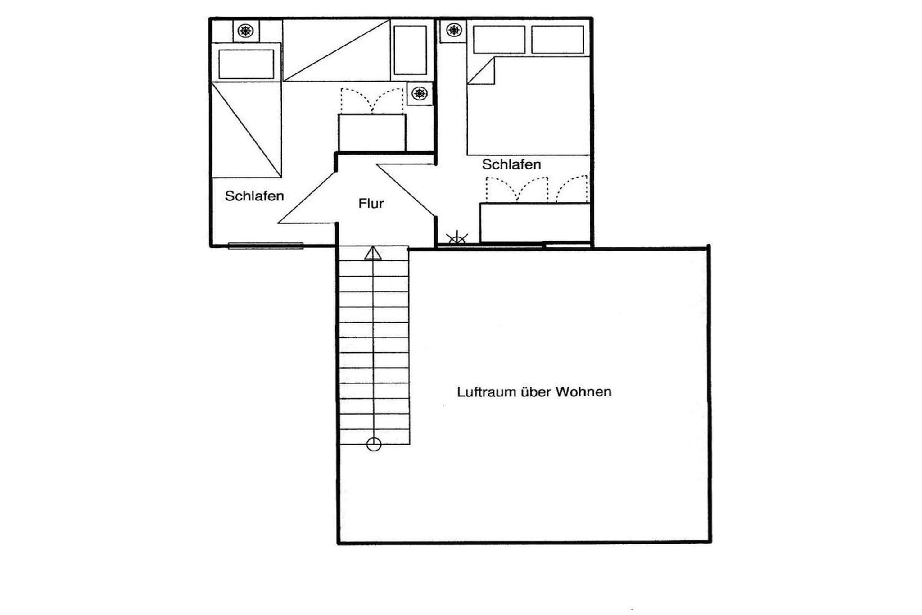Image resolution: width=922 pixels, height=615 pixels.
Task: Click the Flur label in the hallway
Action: (x=371, y=204)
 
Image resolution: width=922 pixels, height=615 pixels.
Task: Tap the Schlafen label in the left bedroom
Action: (x=254, y=196)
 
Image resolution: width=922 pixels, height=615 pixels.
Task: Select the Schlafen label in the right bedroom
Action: (x=511, y=164)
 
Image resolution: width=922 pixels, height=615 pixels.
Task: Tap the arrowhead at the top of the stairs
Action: (x=373, y=253)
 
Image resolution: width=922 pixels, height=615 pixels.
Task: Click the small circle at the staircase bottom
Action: (x=374, y=445)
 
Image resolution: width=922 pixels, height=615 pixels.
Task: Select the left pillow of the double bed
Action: (x=499, y=40)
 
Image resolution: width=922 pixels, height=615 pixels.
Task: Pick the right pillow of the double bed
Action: (x=557, y=40)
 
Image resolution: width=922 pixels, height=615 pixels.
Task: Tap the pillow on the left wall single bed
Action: (x=246, y=64)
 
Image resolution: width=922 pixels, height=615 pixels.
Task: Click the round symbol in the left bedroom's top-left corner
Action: (x=246, y=31)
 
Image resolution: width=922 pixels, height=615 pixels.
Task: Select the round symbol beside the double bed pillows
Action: (x=454, y=31)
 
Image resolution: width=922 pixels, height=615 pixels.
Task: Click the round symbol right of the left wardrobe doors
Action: (x=420, y=94)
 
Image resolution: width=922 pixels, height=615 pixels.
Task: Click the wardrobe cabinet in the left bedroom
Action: (x=372, y=133)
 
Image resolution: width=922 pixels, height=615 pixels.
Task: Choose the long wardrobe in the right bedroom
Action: (x=535, y=223)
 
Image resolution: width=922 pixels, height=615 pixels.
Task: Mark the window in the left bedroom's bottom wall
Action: (x=266, y=246)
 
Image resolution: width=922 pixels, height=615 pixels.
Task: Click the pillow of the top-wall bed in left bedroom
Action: (x=410, y=50)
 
